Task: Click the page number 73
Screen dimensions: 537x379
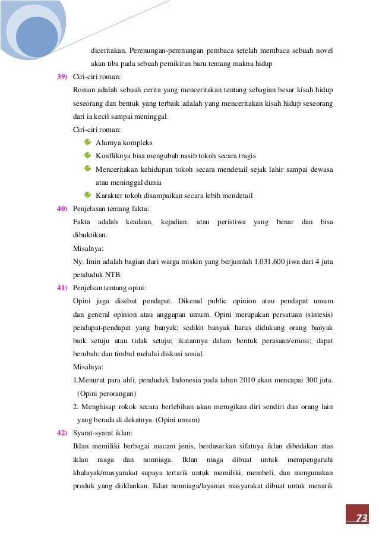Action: click(x=361, y=517)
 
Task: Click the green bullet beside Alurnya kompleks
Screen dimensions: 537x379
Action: click(x=88, y=143)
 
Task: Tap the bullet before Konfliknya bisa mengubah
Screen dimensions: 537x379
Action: click(x=88, y=156)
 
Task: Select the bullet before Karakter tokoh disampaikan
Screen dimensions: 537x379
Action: click(x=88, y=195)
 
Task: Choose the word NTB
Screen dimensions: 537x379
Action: click(x=114, y=275)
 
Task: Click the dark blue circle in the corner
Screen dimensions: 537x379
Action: click(x=37, y=36)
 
